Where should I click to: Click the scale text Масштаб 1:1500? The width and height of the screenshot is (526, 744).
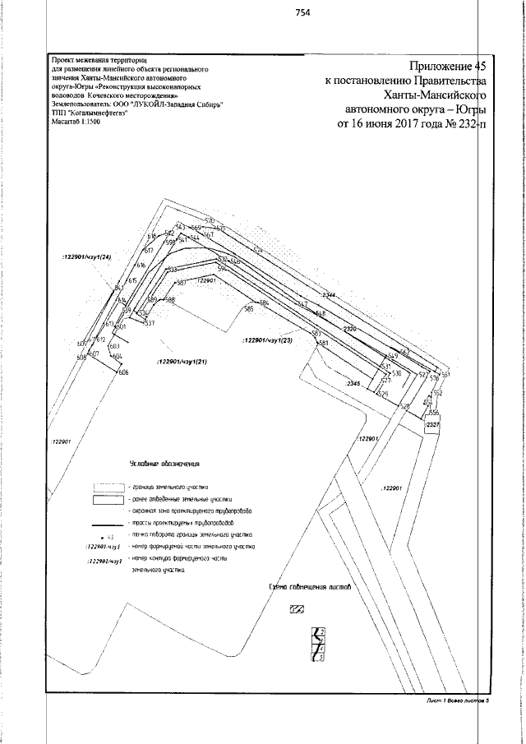pyautogui.click(x=76, y=121)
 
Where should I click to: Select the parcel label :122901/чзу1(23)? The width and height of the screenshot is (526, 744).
pyautogui.click(x=268, y=339)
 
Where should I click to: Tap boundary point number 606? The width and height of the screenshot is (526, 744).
pyautogui.click(x=123, y=374)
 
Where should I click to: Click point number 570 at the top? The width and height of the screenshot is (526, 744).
pyautogui.click(x=210, y=220)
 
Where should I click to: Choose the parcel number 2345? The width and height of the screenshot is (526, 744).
pyautogui.click(x=353, y=384)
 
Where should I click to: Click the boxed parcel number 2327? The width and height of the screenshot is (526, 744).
pyautogui.click(x=433, y=424)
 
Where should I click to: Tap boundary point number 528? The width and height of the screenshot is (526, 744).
pyautogui.click(x=404, y=407)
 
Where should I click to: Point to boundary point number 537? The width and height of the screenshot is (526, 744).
pyautogui.click(x=150, y=324)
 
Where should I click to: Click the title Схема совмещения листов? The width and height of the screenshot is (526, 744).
pyautogui.click(x=310, y=588)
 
